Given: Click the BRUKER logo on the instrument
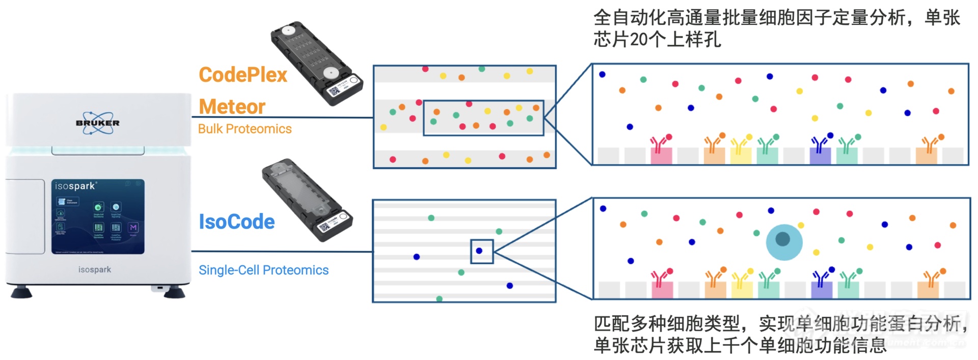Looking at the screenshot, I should pos(97,123).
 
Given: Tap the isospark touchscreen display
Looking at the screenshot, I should pos(98,216).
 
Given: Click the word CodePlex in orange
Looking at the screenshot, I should pos(243,75).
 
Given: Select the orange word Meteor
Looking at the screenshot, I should pos(232,107).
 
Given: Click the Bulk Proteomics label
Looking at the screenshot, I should pos(244,129).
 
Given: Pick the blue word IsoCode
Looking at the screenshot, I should pos(236,222).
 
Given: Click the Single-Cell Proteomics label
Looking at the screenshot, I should pos(263,270).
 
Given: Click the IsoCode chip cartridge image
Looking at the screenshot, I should pos(306,199).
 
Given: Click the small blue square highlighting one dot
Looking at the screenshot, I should pos(481,252).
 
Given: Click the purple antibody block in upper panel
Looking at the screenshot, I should pos(820,156).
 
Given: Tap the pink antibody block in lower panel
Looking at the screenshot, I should pos(662,290).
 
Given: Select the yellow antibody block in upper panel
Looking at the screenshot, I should pos(741,156).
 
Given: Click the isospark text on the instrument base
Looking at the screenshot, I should pos(94,269).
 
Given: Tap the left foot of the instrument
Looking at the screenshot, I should pos(21,293).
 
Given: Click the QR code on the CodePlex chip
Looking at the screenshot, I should pos(334,92).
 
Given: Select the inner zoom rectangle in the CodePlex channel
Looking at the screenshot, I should pos(483,118).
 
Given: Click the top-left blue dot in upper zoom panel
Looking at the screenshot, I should pos(602,74).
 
